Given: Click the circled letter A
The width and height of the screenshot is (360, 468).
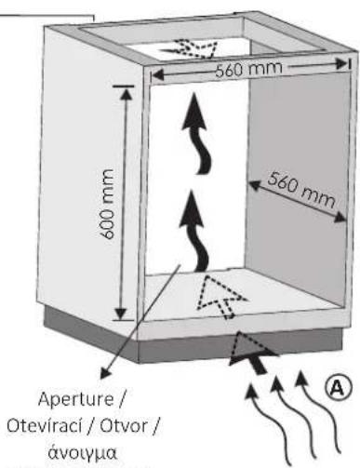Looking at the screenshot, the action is (x=339, y=388).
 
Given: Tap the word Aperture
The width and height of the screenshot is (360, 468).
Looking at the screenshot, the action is (x=75, y=399).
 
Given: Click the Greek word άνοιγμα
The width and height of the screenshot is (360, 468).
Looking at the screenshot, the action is (x=83, y=453).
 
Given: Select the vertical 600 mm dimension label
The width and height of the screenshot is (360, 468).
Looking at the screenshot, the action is (x=107, y=204).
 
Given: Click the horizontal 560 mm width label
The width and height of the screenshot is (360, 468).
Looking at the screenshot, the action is (x=248, y=70).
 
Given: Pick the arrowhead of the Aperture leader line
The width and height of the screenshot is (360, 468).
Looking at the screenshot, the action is (x=105, y=373).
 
